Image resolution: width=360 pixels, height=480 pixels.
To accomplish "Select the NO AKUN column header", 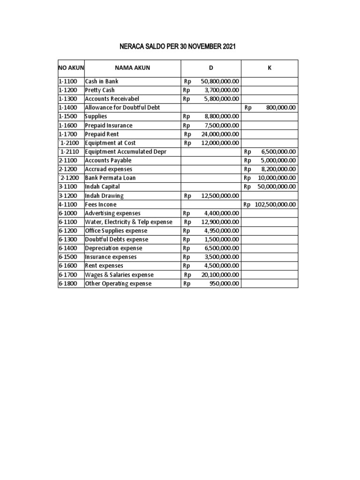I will coord(71,68).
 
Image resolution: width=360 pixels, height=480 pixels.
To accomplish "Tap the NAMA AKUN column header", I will coord(132,68).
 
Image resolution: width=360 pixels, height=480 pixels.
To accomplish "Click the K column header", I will coord(270,68).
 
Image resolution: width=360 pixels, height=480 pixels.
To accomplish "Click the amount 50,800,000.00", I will coord(220,82).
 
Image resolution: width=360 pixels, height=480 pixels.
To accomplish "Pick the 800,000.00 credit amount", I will coord(281,108).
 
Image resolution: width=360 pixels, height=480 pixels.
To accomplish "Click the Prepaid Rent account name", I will coord(102,134).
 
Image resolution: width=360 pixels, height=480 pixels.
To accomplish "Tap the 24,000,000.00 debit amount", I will coord(220,134).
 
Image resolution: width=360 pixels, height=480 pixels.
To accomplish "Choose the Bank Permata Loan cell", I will coord(108,178).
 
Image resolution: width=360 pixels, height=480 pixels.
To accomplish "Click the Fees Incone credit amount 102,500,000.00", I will coord(275,204).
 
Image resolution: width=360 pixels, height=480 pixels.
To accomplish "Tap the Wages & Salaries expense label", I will coord(119,275).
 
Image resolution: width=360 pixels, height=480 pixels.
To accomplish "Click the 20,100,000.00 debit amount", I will coord(220,275).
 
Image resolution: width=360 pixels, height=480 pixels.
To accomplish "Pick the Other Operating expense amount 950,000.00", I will coord(225,284).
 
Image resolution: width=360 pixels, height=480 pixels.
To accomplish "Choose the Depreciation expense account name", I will coord(113,248).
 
